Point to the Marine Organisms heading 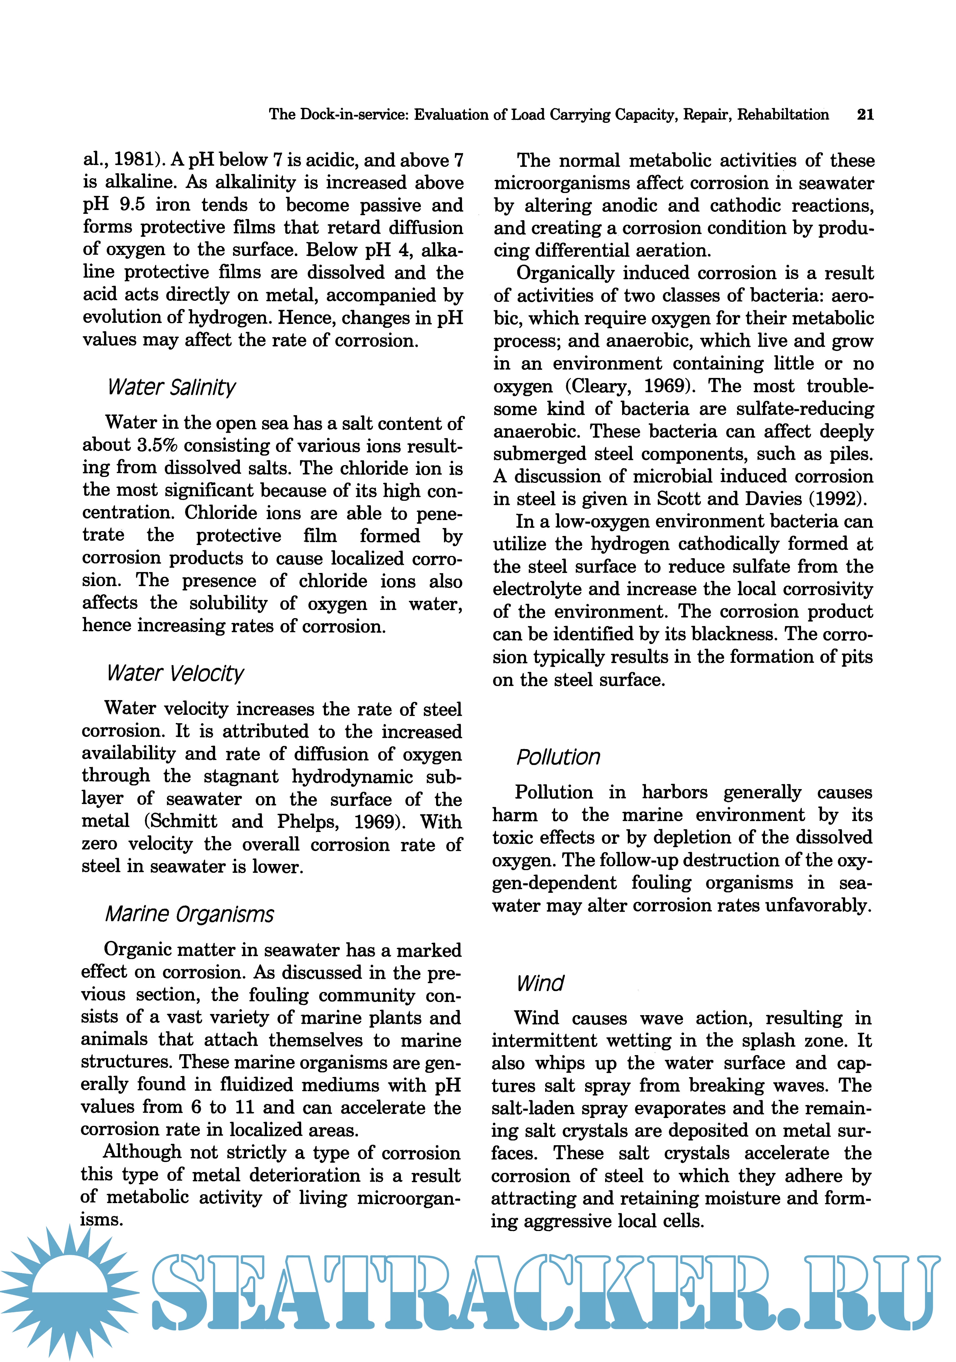189,914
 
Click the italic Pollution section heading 558,757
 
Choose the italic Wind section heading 540,984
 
